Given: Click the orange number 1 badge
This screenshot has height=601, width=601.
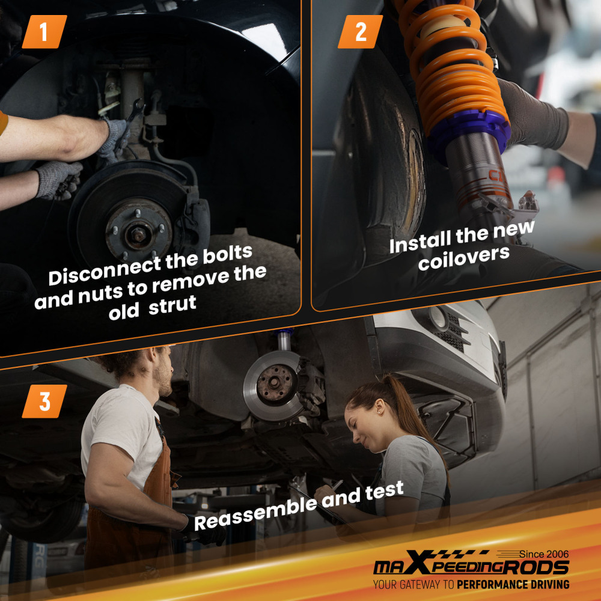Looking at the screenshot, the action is (44, 32).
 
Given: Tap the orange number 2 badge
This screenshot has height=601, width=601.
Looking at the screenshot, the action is (360, 32).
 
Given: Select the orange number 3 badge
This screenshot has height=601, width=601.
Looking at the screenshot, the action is (44, 401).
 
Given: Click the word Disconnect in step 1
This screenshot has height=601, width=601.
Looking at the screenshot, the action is (105, 272).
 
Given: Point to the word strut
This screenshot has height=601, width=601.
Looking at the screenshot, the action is (172, 305).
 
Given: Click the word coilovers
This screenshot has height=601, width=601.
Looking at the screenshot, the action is (464, 258).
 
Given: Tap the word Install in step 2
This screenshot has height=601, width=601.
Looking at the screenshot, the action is (419, 242).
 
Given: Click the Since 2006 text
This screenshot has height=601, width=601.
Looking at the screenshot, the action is (544, 554).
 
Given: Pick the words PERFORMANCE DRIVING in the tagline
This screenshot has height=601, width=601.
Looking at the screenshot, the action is (513, 585).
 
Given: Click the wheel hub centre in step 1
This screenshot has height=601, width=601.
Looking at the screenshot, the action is (138, 233).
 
